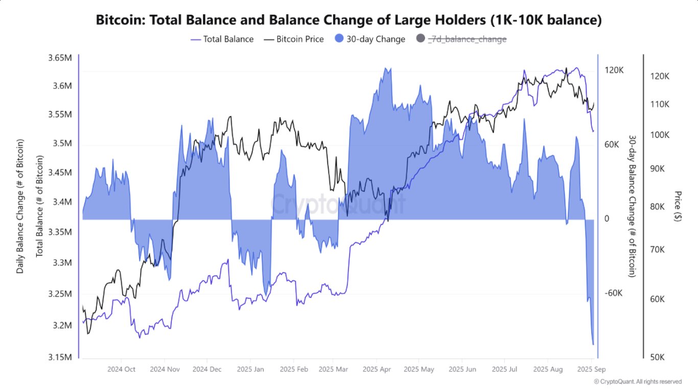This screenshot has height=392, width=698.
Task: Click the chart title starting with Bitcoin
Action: point(349,20)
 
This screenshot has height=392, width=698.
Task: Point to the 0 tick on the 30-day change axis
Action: point(607,219)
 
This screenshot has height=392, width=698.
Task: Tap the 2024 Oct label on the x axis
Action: point(121,368)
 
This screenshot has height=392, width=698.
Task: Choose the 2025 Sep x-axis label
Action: point(591,368)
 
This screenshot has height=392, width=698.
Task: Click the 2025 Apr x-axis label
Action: point(376,368)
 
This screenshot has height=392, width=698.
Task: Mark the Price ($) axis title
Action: point(678,206)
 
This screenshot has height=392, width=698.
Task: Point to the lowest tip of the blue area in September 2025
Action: point(593,344)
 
